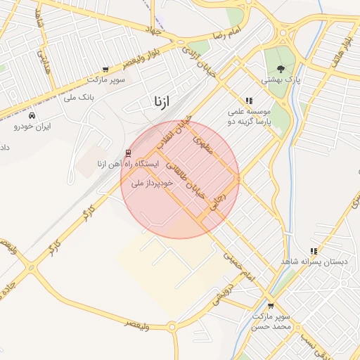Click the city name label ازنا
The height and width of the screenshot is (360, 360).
160,102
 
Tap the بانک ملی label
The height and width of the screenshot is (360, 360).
79,96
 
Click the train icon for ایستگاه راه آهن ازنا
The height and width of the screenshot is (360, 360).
127,153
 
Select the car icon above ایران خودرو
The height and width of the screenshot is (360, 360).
34,115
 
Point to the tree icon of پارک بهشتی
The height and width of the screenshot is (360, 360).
281,69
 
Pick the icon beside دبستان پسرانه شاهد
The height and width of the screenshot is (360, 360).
314,251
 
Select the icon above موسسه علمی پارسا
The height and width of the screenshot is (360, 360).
249,101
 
